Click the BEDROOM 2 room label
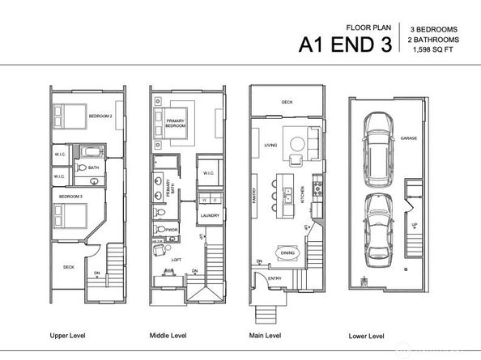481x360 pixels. [x=100, y=115]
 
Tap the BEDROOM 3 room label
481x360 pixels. [x=70, y=196]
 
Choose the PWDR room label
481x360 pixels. [x=172, y=230]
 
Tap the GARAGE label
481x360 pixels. [x=408, y=138]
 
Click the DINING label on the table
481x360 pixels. [x=287, y=252]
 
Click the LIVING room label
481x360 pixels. [x=270, y=146]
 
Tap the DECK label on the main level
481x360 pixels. [x=287, y=102]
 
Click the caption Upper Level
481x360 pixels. [x=69, y=334]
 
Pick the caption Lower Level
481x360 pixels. [x=367, y=334]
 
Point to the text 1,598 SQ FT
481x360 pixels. [x=432, y=51]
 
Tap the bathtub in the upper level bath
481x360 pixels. [x=88, y=152]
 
